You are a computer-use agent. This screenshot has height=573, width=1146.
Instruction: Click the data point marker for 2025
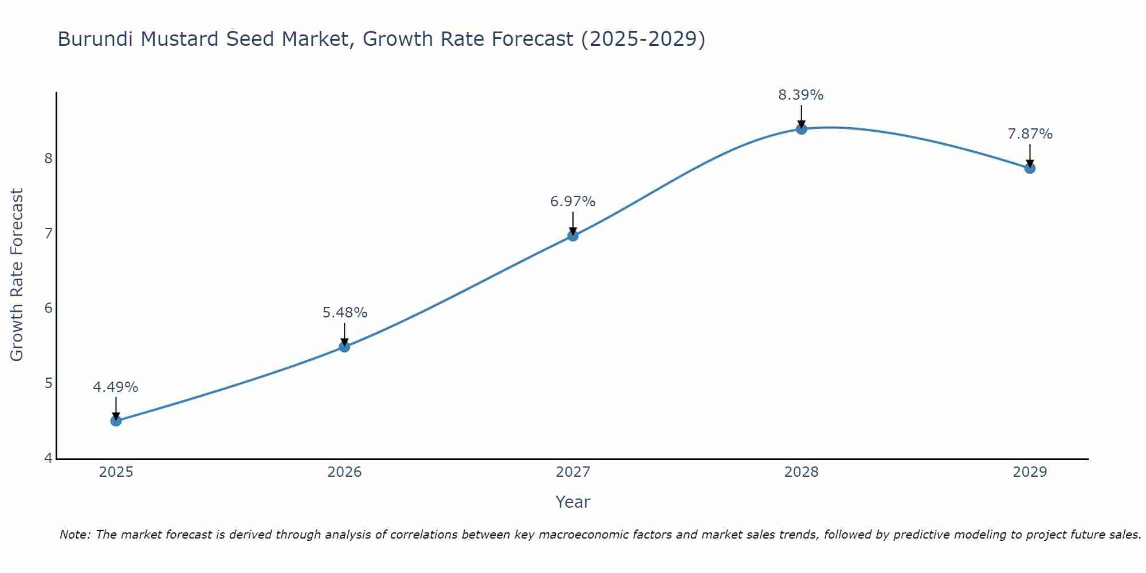click(116, 421)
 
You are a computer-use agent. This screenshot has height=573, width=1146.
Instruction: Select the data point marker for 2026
click(344, 347)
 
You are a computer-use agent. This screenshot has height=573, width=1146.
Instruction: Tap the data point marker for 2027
click(572, 236)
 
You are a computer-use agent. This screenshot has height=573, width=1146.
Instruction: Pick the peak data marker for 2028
click(801, 129)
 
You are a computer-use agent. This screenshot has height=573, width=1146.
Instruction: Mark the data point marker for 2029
click(1030, 168)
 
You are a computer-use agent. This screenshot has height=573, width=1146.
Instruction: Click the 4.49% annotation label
click(116, 387)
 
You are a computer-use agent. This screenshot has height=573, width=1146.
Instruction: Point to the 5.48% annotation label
click(344, 313)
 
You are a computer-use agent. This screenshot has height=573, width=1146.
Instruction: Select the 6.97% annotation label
click(572, 202)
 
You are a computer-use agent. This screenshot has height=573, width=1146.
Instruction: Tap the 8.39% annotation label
click(800, 95)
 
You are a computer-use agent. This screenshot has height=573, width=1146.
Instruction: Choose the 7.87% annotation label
click(1030, 134)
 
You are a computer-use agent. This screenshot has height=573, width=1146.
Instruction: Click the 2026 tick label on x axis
click(344, 472)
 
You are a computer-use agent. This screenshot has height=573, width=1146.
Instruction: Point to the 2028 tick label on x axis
click(801, 472)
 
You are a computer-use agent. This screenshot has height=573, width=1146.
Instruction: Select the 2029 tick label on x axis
click(1030, 472)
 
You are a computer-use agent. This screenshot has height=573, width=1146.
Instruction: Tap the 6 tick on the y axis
click(48, 308)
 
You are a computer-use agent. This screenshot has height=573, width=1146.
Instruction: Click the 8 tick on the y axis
click(48, 158)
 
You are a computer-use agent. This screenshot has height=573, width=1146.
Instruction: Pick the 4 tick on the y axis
click(48, 458)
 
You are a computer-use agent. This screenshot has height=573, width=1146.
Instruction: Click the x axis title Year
click(572, 502)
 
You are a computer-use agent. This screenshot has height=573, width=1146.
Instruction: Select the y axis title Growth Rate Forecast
click(17, 275)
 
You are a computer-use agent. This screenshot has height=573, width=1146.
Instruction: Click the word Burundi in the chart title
click(96, 40)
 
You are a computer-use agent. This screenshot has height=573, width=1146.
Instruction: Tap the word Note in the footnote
click(74, 535)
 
